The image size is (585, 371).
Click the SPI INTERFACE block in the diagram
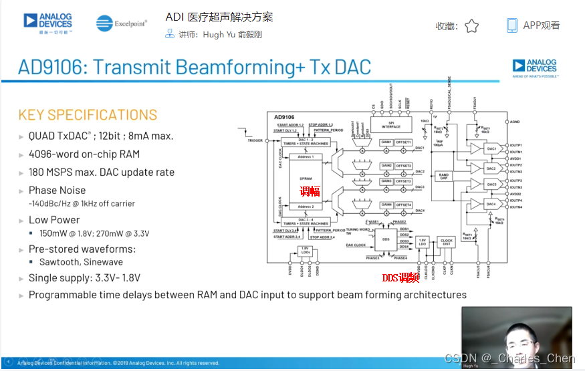click(391, 124)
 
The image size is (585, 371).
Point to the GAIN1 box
click(386, 142)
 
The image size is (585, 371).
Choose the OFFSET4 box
click(404, 205)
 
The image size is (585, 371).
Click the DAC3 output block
click(491, 184)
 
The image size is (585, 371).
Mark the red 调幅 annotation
click(310, 192)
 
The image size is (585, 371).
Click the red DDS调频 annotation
click(400, 277)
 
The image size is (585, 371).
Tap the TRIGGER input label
click(255, 140)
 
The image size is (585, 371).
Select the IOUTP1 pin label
click(515, 145)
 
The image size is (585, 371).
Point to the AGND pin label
click(514, 122)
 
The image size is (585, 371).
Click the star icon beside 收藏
click(471, 26)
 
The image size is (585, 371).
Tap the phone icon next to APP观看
click(511, 25)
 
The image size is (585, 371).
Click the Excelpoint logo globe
click(104, 23)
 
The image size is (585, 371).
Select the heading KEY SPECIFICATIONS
click(88, 114)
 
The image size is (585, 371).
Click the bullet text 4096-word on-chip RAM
click(84, 154)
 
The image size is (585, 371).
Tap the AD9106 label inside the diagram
click(284, 118)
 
